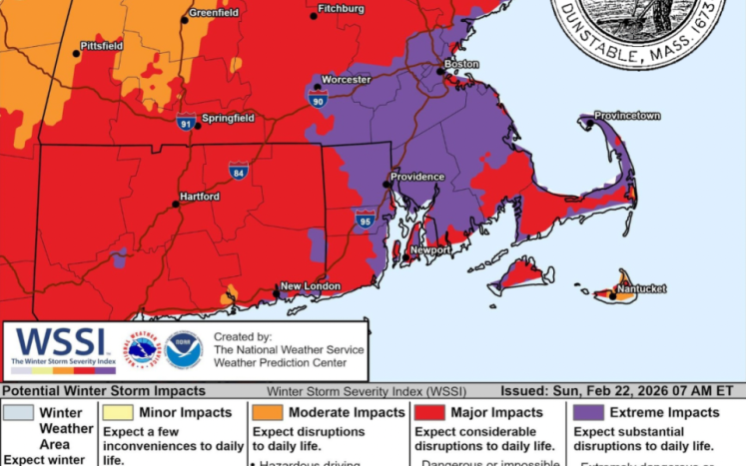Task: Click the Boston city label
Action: coord(462,64)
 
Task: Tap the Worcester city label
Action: coord(346,80)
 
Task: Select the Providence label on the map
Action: coord(416,177)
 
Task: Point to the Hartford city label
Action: coord(200,197)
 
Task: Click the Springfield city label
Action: coord(228,118)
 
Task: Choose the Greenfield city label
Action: coord(214,13)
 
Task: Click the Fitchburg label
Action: coord(341,9)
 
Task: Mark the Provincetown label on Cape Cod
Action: coord(627,116)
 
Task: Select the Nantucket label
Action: coord(641,289)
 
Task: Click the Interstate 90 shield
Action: coord(318,100)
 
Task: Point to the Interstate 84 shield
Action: coord(238,172)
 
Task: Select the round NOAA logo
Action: coord(184,349)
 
